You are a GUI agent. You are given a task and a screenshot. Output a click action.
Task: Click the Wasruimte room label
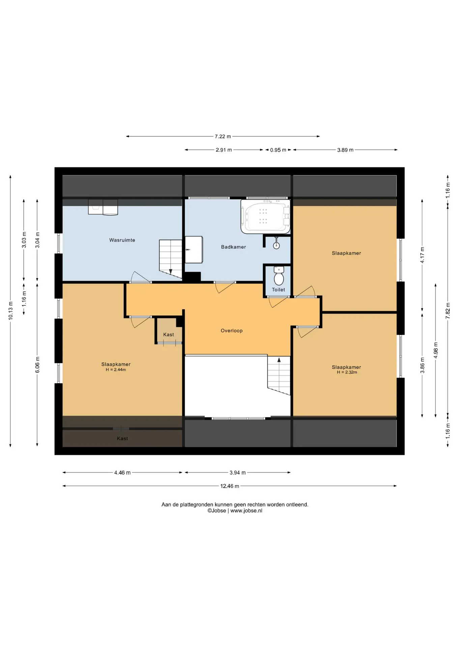122,240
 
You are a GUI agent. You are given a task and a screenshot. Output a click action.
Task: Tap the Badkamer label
233,247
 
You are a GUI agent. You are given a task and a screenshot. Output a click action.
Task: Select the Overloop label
232,331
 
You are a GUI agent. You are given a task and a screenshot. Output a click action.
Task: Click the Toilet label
279,290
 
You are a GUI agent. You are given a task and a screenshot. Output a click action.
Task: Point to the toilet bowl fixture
279,276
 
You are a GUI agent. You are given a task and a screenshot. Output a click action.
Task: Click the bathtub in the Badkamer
265,216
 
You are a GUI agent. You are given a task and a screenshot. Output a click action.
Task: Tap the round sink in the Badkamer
277,245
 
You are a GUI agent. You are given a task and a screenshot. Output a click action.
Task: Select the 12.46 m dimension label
230,486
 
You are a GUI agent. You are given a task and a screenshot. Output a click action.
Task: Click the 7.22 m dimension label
223,137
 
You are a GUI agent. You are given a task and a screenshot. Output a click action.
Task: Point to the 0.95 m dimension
278,150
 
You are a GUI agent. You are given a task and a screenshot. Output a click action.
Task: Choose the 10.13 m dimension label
11,311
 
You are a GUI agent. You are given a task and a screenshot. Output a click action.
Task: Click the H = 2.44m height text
116,370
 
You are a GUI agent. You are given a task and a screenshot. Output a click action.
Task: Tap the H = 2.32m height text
347,372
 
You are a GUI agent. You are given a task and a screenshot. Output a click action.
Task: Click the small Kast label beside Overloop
169,335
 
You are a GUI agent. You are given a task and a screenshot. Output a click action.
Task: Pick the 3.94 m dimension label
238,473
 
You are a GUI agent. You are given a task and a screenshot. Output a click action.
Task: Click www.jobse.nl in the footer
246,511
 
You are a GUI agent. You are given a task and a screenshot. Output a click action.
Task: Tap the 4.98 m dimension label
436,350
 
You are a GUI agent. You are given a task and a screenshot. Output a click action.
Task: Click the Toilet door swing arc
274,302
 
